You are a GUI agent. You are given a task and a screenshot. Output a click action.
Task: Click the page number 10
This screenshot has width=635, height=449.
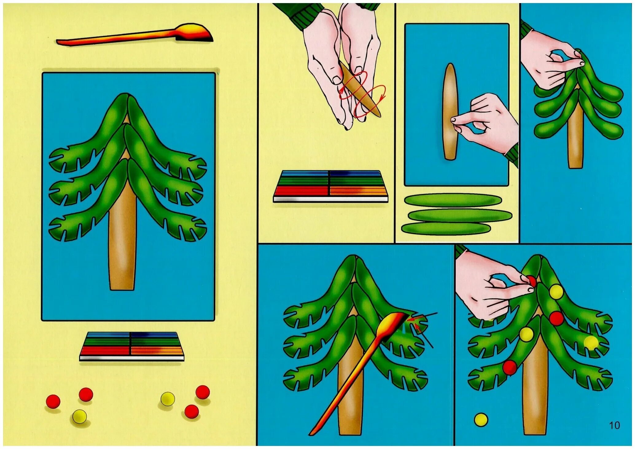tap(614, 425)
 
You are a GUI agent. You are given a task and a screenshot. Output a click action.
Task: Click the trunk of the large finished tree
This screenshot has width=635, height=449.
tap(122, 240)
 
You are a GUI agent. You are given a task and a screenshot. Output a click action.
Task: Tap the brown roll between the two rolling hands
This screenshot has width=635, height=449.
tap(359, 89)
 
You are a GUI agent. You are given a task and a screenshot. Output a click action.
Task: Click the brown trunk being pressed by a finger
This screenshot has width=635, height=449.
tap(450, 112)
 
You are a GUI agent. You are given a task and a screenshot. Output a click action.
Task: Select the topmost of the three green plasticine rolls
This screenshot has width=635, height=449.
tap(453, 200)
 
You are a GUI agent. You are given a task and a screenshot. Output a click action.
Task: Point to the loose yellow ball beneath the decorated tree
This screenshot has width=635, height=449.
tap(481, 420)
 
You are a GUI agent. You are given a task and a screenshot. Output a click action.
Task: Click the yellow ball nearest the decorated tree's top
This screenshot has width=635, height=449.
tap(556, 292)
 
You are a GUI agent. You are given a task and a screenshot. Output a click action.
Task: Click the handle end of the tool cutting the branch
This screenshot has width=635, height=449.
tap(311, 433)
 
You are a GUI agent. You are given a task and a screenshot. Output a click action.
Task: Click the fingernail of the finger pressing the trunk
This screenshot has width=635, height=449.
tap(454, 120)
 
